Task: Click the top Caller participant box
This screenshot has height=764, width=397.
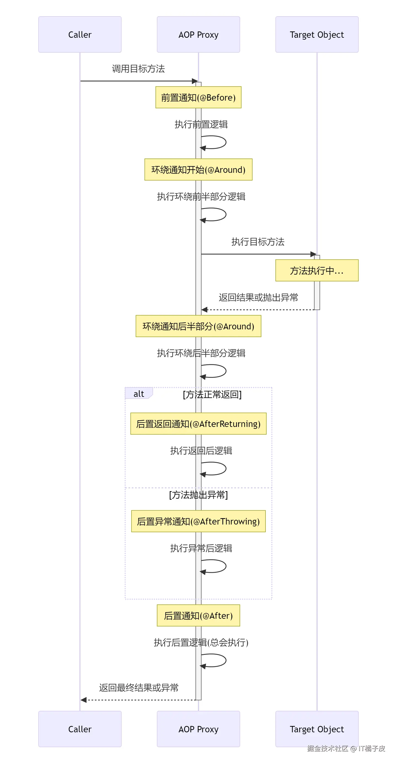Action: (80, 35)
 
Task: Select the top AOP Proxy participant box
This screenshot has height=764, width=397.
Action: (198, 35)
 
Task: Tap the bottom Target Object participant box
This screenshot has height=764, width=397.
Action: (316, 729)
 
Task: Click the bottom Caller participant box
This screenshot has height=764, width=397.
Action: (80, 729)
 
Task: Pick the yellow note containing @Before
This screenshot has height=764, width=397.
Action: (198, 98)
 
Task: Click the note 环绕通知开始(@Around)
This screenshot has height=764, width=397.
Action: (198, 170)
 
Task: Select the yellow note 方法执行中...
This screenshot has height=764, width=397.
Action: (316, 270)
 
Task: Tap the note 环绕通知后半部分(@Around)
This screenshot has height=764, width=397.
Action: (198, 326)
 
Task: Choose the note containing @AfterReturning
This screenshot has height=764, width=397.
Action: (198, 424)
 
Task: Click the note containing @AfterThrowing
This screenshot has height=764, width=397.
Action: (198, 521)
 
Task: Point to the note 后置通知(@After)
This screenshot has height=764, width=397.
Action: (198, 616)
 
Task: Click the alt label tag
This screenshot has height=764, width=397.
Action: (139, 394)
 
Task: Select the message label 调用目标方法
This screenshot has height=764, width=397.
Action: (138, 69)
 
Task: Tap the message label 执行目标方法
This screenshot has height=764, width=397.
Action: (258, 242)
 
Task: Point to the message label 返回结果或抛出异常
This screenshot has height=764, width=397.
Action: (258, 297)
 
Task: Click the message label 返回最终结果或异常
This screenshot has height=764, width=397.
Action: (139, 687)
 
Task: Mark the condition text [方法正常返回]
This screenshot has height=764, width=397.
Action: (212, 394)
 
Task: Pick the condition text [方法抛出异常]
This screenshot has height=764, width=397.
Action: (198, 495)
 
